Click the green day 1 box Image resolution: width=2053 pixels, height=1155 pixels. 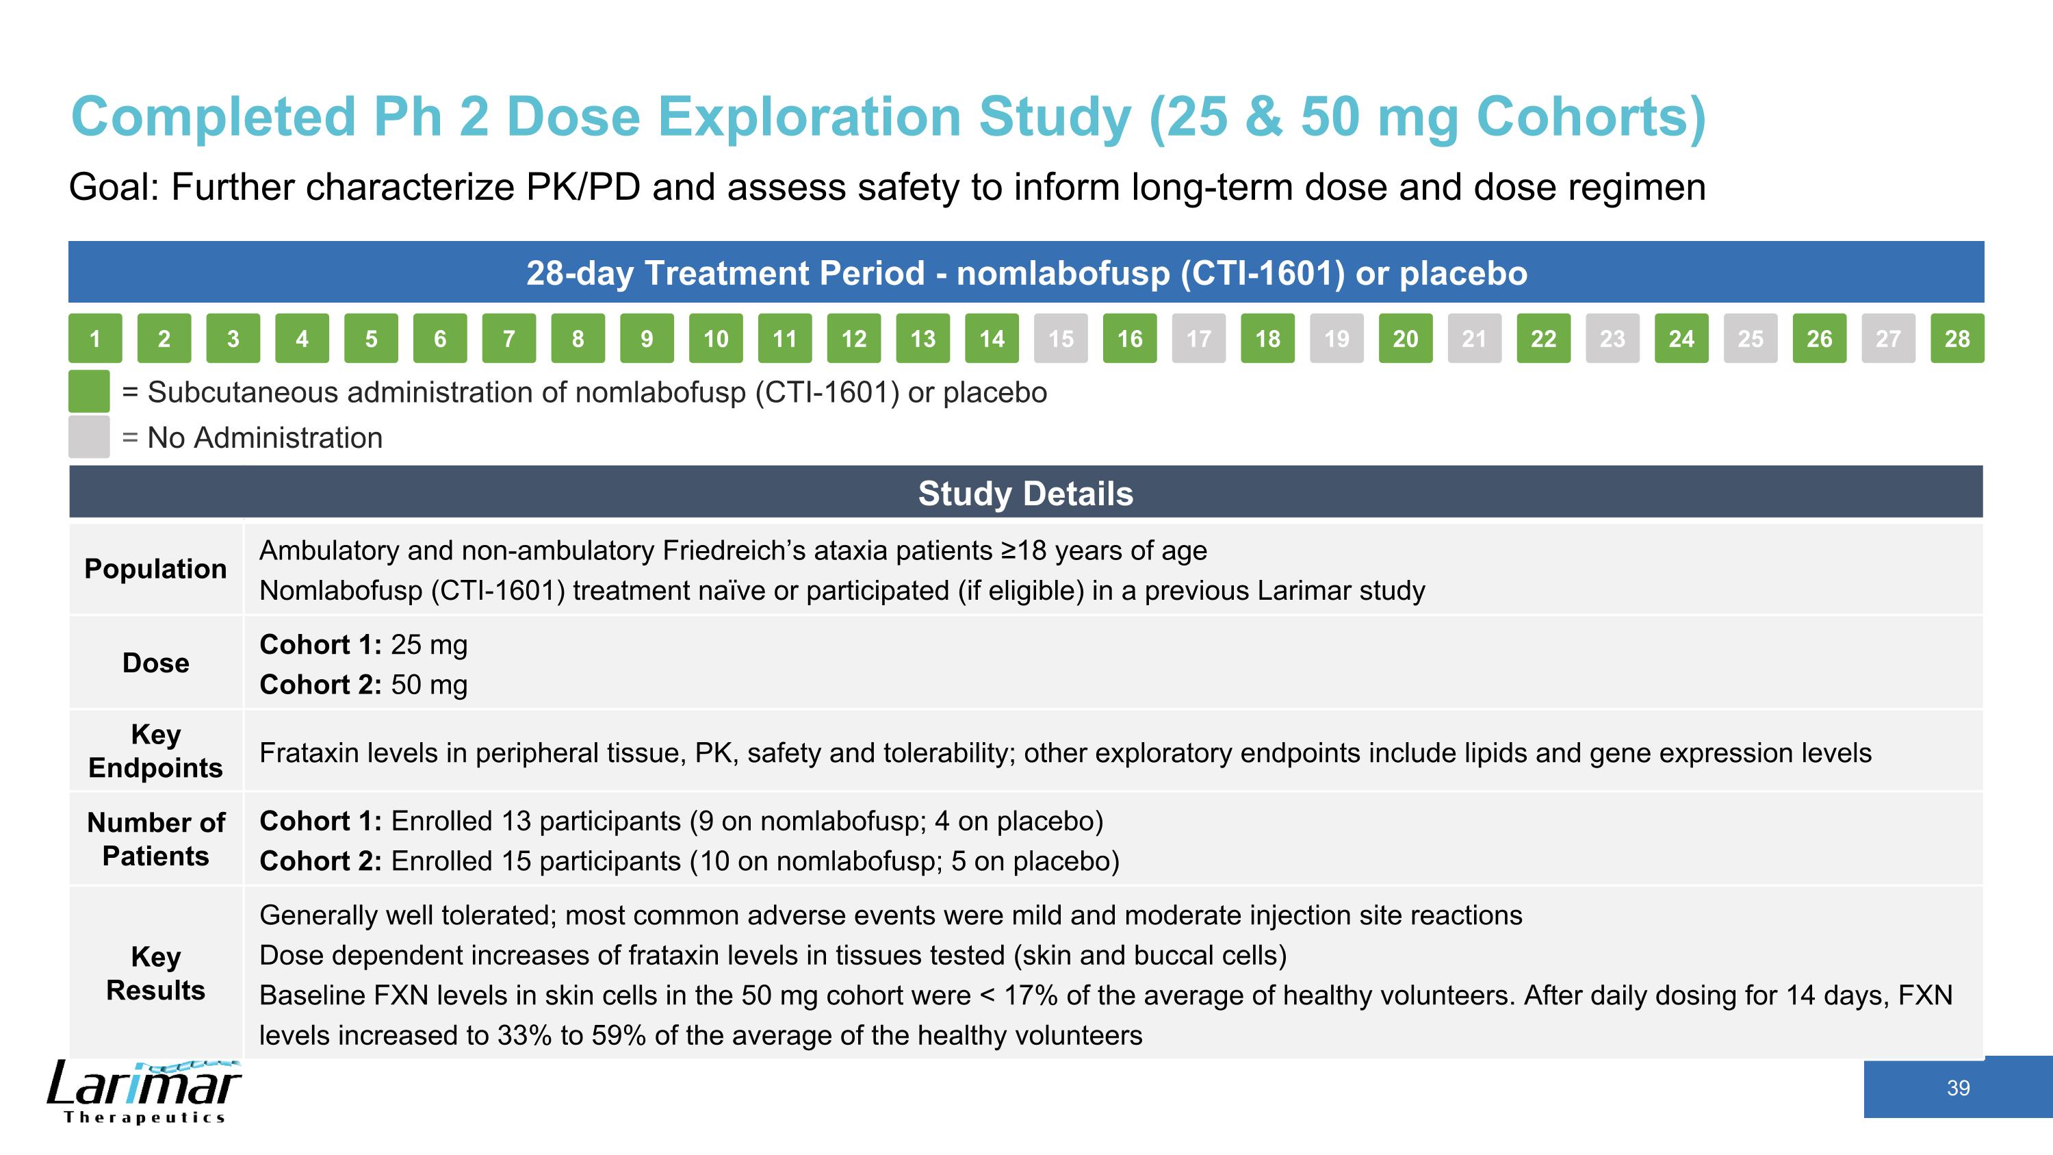(95, 339)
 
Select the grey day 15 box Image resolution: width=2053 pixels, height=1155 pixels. (1060, 339)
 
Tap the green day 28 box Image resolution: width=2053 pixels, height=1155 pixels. (1957, 339)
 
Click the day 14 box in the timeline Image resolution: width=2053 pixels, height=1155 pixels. (992, 339)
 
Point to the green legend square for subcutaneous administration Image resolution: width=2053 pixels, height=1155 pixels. (88, 392)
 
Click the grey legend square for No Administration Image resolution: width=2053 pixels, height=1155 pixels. (88, 437)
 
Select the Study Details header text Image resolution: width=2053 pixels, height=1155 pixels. (1025, 494)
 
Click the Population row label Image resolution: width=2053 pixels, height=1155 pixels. (155, 569)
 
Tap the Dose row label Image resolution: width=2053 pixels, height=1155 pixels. (155, 663)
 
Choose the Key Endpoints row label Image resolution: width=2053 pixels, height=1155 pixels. (155, 751)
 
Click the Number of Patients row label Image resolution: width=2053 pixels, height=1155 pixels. (155, 839)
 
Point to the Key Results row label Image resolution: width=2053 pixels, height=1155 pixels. (155, 974)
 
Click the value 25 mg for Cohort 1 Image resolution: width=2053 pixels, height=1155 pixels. (429, 645)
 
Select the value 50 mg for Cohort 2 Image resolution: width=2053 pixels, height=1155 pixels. (429, 685)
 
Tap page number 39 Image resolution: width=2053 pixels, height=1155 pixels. (1957, 1088)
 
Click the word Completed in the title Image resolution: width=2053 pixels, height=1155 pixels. (213, 117)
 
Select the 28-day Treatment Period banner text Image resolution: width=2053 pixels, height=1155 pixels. (1026, 273)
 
